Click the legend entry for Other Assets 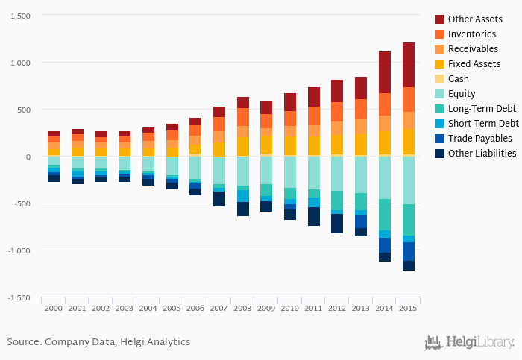pyautogui.click(x=475, y=19)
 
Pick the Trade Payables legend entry pyautogui.click(x=479, y=138)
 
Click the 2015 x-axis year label pyautogui.click(x=408, y=307)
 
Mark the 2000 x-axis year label pyautogui.click(x=54, y=307)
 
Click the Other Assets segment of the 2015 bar pyautogui.click(x=408, y=65)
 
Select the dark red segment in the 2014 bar pyautogui.click(x=385, y=72)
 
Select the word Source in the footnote pyautogui.click(x=23, y=342)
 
